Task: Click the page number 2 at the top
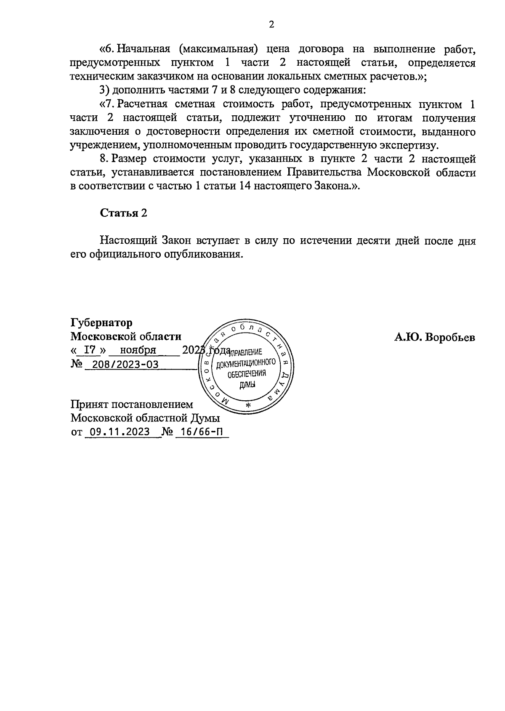[x=271, y=25]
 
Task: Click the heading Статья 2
[x=123, y=213]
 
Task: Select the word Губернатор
[x=101, y=323]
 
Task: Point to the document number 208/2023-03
[x=122, y=365]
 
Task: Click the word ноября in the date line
[x=138, y=350]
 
